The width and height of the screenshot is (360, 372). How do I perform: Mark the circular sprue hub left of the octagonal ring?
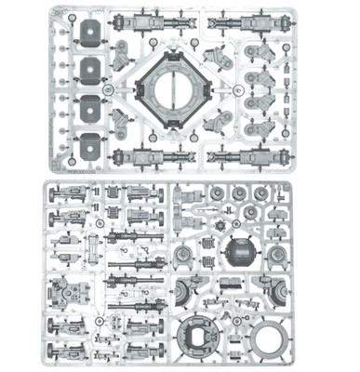pyautogui.click(x=110, y=90)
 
